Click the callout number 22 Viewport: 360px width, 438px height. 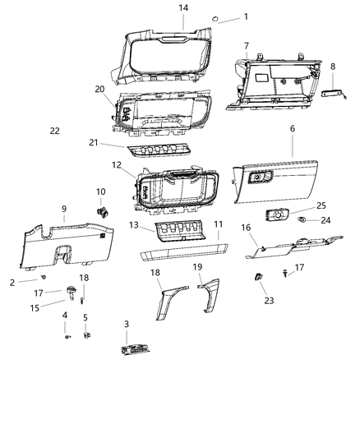54,131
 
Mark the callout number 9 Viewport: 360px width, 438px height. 64,209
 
